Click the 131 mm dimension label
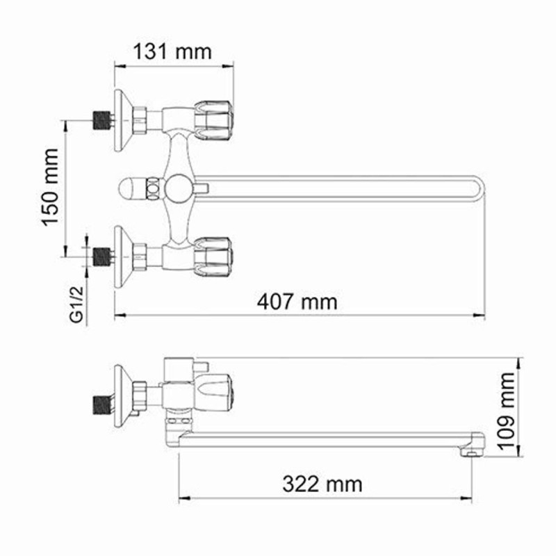(172, 51)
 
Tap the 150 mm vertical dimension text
(49, 187)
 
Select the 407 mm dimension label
(297, 302)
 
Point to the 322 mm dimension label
(322, 484)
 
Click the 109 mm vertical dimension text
(506, 411)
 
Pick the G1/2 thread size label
(77, 304)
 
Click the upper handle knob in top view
(213, 120)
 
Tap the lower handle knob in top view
(213, 256)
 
